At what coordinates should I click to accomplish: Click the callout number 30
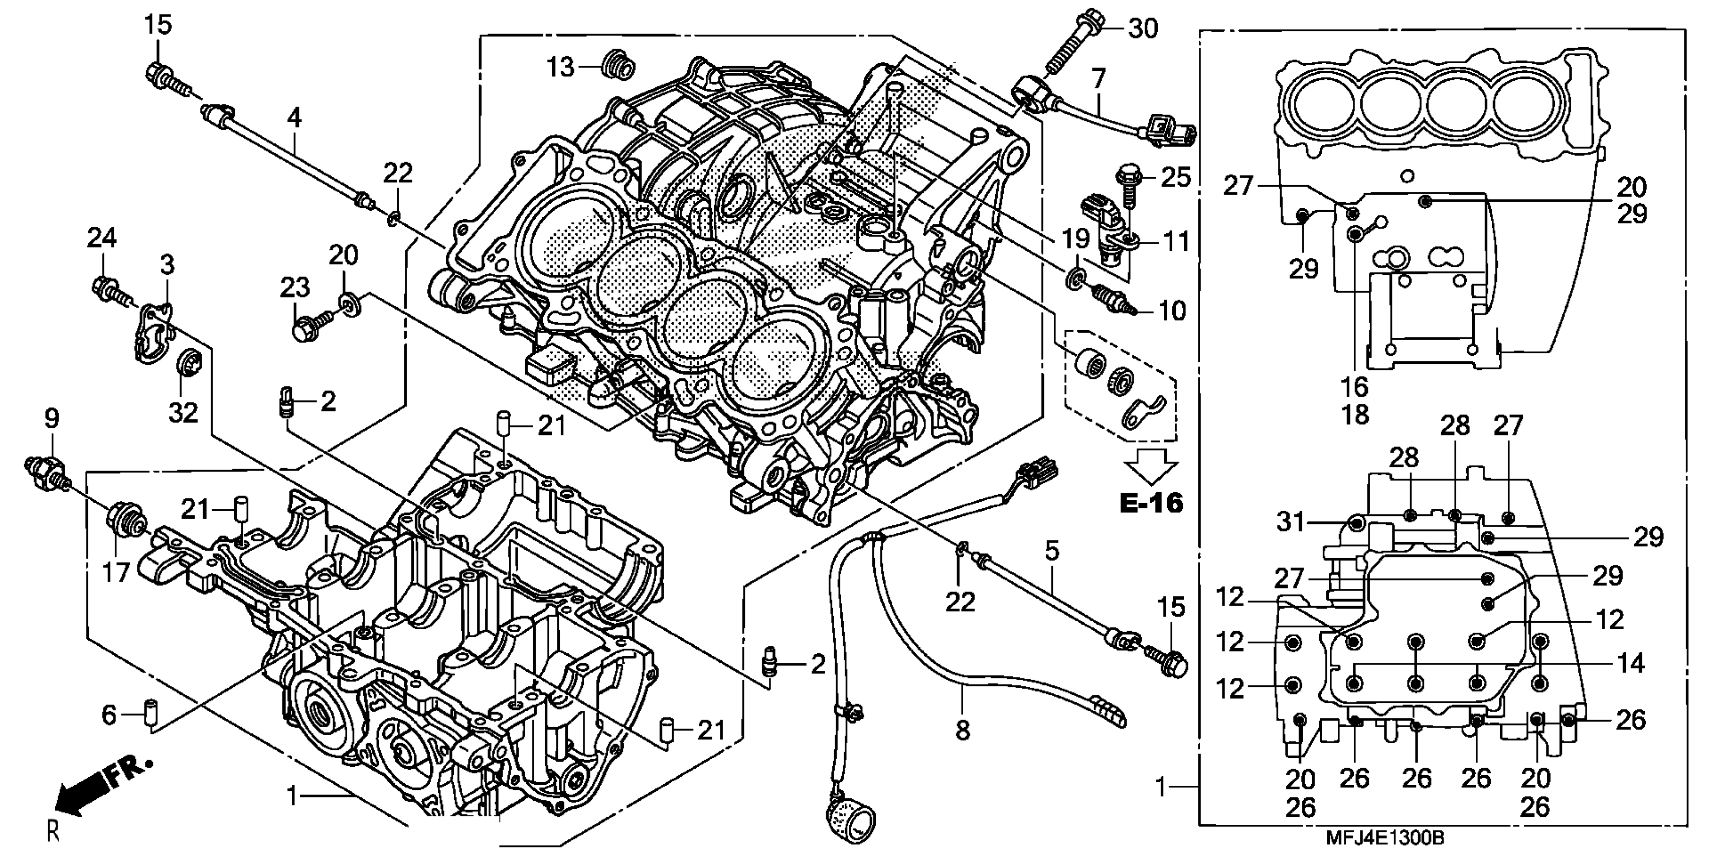click(1143, 29)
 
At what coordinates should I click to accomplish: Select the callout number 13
click(561, 67)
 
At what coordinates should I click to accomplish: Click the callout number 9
click(51, 419)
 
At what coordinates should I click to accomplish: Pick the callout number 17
click(115, 571)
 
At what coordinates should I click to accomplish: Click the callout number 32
click(183, 412)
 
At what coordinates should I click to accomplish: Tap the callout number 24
click(102, 238)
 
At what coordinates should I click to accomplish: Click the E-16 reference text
click(1151, 503)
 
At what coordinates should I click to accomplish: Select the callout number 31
click(1291, 522)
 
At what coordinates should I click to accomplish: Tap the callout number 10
click(1172, 310)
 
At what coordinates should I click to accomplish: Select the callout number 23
click(294, 288)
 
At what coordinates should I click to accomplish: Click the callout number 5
click(1052, 550)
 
